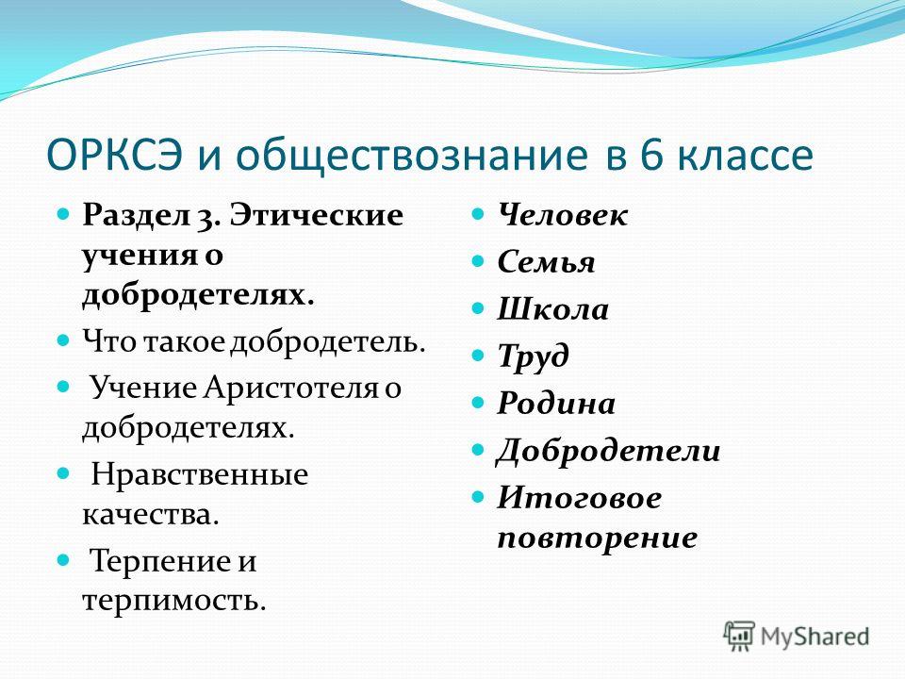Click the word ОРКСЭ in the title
click(115, 156)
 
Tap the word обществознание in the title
click(412, 156)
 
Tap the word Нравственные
click(200, 474)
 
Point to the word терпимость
click(173, 601)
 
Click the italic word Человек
click(562, 215)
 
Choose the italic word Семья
click(546, 262)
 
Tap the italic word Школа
click(553, 309)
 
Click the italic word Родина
click(556, 403)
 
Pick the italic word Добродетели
click(608, 452)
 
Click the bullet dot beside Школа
click(477, 307)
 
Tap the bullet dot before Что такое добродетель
click(63, 340)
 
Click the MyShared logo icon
click(739, 637)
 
